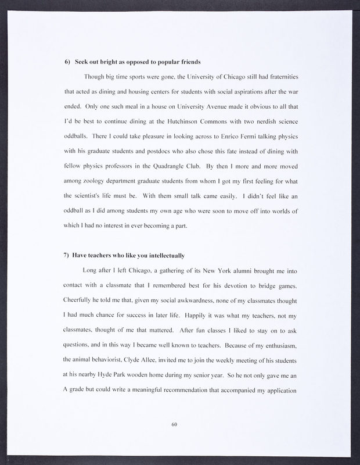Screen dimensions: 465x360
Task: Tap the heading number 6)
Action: point(67,62)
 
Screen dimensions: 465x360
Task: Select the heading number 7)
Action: point(67,255)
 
